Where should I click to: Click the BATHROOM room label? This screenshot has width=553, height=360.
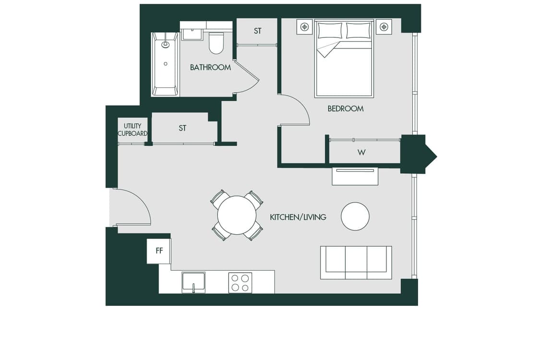click(x=210, y=67)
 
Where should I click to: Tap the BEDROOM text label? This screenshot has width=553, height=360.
click(x=345, y=108)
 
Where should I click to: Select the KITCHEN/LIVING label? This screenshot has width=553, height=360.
click(x=298, y=217)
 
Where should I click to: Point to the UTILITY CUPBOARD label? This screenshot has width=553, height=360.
click(x=132, y=130)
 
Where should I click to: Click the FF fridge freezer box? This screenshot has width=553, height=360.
click(x=159, y=251)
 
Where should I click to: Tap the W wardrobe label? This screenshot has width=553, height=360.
click(x=361, y=152)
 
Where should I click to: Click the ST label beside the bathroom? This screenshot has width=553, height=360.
click(x=257, y=31)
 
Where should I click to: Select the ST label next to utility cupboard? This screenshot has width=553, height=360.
click(x=182, y=128)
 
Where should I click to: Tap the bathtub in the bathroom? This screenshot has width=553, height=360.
click(x=165, y=64)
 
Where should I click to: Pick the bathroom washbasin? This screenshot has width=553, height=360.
click(x=192, y=35)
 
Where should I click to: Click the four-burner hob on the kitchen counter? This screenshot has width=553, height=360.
click(x=240, y=283)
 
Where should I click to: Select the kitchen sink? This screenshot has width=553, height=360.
click(x=193, y=282)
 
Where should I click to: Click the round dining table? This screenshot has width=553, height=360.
click(x=237, y=215)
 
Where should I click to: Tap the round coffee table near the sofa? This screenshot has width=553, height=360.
click(x=355, y=216)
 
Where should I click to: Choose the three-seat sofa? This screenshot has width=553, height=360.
click(x=356, y=263)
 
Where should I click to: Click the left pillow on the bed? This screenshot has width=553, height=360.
click(x=330, y=31)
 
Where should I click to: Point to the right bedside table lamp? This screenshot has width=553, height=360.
click(x=384, y=26)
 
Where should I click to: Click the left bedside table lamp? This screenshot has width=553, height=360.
click(x=305, y=26)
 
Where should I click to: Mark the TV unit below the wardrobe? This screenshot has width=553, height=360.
click(x=355, y=176)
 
